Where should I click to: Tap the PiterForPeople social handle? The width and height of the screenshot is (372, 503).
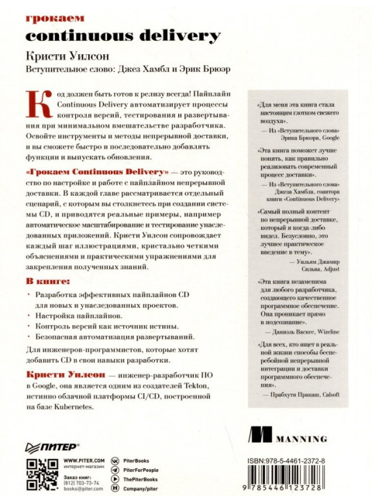point(140,470)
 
